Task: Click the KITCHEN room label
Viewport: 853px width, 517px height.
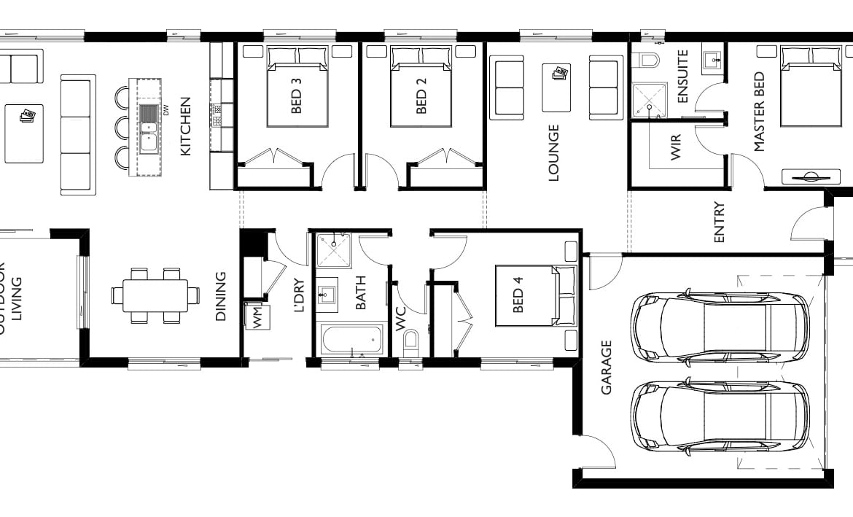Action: [185, 126]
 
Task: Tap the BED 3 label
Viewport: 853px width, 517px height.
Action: [297, 96]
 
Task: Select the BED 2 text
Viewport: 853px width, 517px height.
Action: [421, 96]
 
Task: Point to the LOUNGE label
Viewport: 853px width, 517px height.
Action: [554, 152]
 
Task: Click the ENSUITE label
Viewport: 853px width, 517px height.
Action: [683, 76]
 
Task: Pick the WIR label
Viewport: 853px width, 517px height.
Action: [676, 147]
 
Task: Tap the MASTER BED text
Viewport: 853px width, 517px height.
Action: [760, 112]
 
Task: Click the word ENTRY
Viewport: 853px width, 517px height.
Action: [719, 222]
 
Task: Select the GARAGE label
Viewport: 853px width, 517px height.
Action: [607, 368]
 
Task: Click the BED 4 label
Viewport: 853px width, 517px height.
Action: [518, 295]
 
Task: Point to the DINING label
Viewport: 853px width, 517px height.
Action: [220, 297]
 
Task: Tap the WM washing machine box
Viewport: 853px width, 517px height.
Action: [257, 316]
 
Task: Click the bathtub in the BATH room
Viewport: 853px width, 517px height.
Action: [351, 339]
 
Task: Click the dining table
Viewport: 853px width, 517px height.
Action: [155, 295]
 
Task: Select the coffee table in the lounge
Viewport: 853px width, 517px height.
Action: [556, 88]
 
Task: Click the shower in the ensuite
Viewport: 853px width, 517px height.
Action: [650, 100]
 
